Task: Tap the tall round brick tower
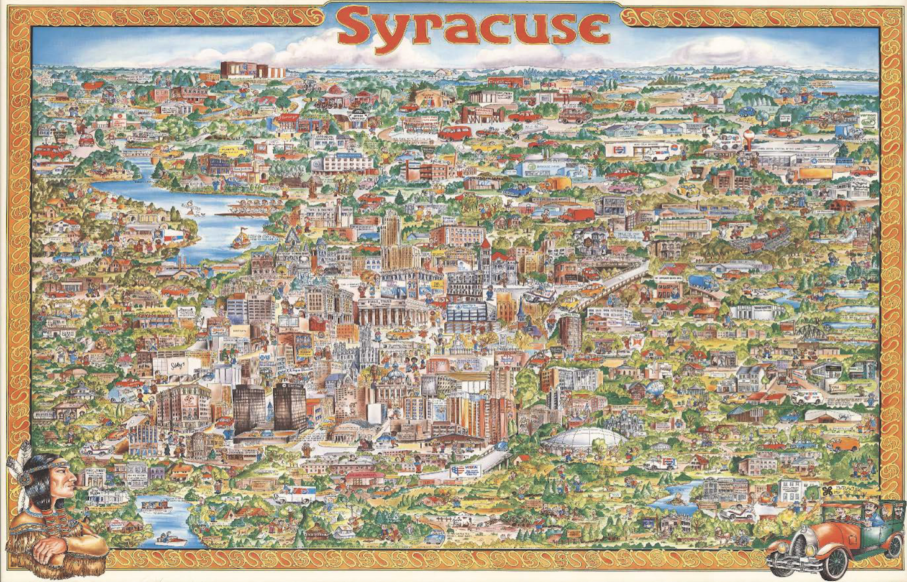pos(570,331)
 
